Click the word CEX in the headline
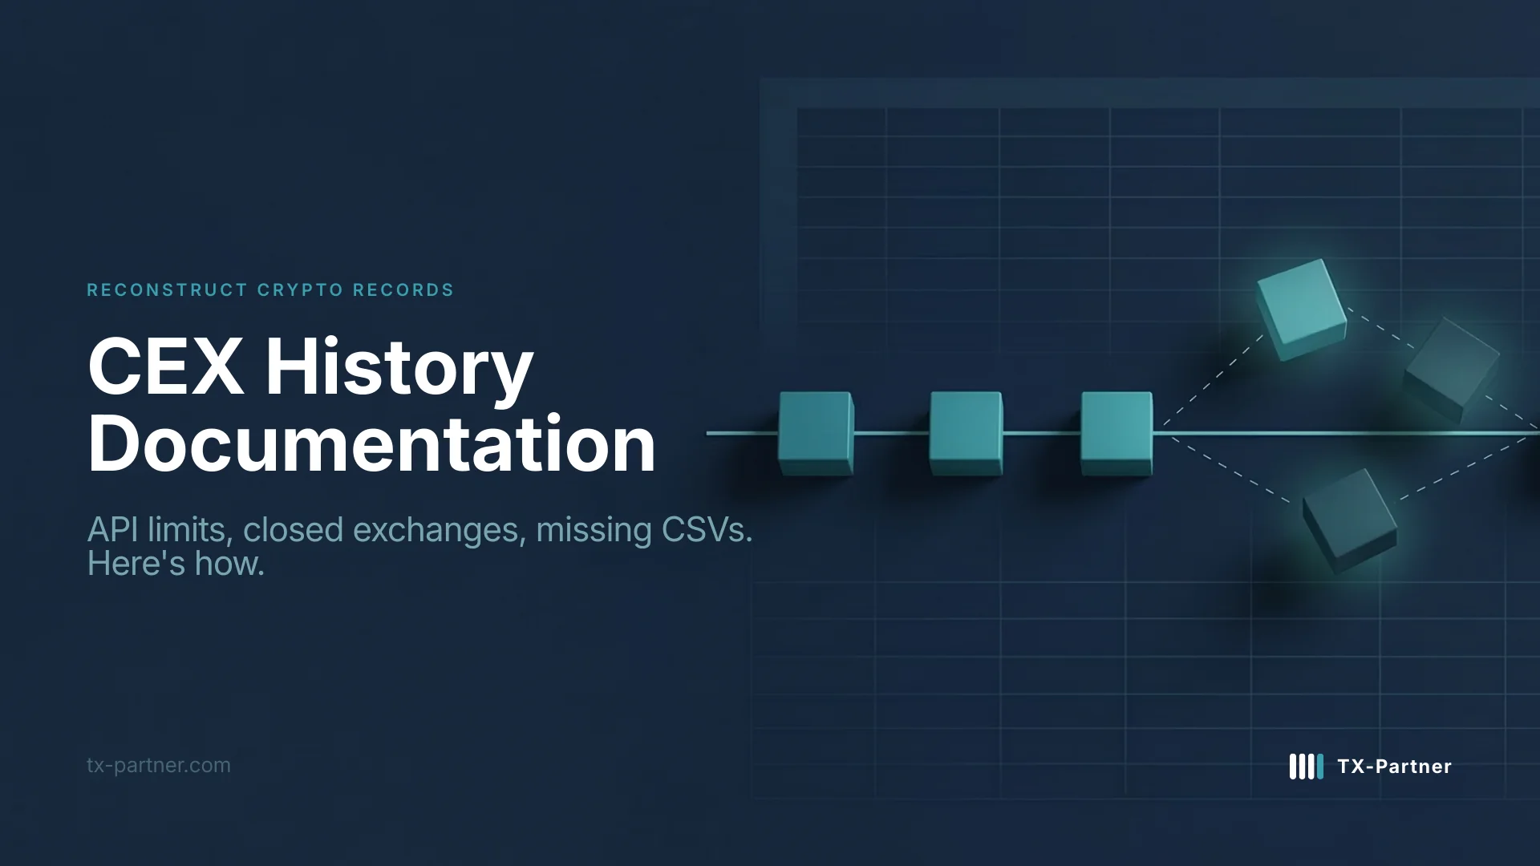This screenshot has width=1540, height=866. (166, 367)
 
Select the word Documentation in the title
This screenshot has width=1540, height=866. (371, 444)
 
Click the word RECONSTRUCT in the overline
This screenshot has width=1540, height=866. (167, 290)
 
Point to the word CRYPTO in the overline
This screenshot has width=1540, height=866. (300, 290)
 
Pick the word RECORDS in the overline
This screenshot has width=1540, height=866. (403, 290)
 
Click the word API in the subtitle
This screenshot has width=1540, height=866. (112, 530)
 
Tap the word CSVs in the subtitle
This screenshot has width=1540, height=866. (707, 530)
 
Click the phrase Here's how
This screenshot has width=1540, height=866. (176, 564)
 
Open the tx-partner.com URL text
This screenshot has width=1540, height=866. (159, 765)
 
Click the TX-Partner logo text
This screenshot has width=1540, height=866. (1394, 767)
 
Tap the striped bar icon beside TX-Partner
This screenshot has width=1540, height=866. (1306, 767)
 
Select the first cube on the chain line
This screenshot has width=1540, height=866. (815, 433)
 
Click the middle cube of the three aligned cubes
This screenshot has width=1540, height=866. (966, 433)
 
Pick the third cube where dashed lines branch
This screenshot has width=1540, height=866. (1116, 433)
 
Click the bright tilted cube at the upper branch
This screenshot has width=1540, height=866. (1301, 308)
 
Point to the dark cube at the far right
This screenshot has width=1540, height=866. (1452, 367)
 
